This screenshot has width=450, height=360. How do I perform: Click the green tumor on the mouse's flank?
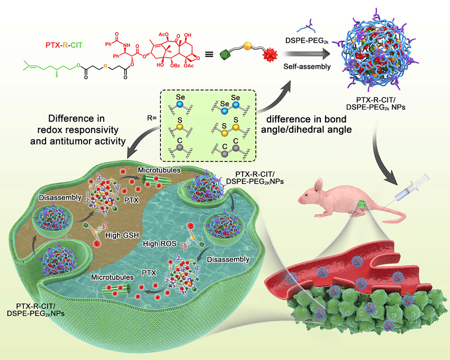point(361,202)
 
